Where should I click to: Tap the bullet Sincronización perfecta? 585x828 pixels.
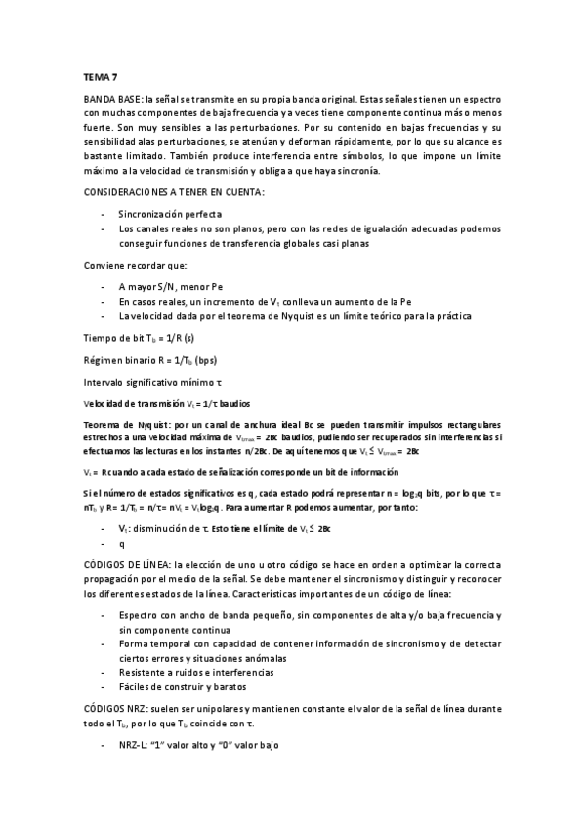tap(170, 213)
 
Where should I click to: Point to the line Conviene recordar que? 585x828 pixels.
tap(128, 266)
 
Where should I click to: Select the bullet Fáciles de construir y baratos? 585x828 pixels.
tap(186, 687)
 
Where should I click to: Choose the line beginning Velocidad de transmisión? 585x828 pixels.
tap(166, 403)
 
